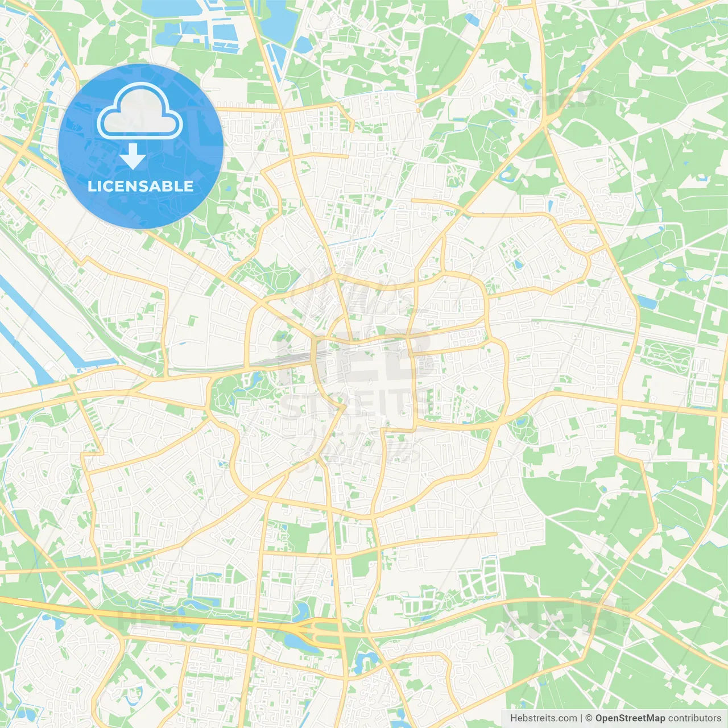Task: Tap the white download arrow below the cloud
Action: (133, 156)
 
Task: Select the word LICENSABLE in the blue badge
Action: (140, 186)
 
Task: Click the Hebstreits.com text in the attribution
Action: (544, 718)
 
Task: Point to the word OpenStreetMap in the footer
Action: (630, 718)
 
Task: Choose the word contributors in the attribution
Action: (694, 718)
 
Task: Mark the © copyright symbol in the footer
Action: (589, 718)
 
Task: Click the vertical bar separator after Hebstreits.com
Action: (582, 718)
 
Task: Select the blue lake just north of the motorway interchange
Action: (301, 611)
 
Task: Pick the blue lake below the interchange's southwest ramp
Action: (295, 642)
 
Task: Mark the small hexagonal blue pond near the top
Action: (471, 20)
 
